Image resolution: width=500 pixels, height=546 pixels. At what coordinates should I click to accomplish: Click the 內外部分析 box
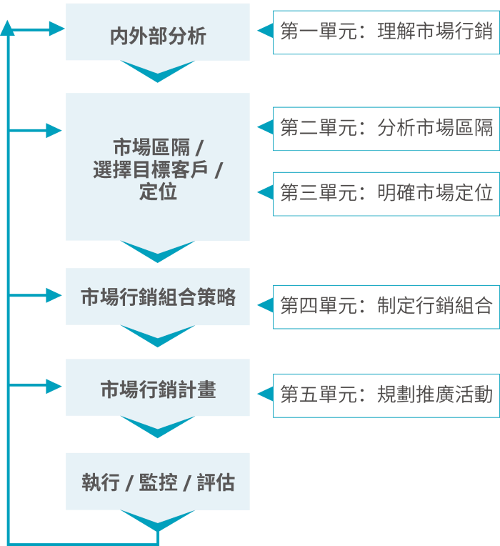158,34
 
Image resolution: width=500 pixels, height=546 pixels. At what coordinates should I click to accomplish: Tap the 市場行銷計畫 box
158,389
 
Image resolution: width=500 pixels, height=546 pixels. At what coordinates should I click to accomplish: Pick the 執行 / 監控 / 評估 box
158,482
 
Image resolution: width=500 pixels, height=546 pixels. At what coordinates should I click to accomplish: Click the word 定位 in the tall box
158,192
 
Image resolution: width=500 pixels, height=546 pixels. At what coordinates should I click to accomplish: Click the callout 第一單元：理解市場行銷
386,32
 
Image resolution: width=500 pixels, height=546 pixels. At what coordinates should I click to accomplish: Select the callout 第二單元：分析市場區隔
386,129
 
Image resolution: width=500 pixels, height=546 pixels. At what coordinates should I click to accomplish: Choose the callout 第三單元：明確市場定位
386,193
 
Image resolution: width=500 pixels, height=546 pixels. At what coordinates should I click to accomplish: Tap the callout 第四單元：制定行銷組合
386,307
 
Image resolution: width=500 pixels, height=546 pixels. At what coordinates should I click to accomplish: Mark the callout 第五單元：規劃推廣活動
386,394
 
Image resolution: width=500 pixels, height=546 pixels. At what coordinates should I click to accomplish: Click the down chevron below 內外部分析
158,70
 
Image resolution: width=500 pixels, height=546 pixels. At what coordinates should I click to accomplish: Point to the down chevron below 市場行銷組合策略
158,334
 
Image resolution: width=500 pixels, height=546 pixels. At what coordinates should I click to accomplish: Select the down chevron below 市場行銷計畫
158,426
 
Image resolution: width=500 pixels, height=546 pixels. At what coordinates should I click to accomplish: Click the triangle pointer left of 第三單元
265,192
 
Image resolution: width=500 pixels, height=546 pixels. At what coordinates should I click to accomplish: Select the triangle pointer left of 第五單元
265,394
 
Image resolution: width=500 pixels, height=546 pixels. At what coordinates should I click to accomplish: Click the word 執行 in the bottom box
101,482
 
